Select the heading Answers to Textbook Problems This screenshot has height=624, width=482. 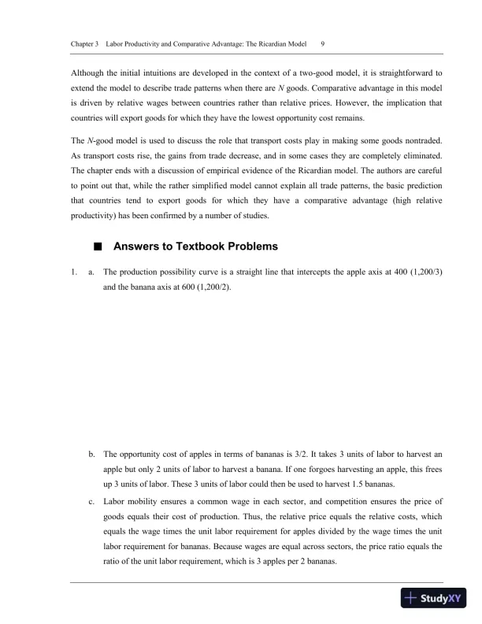click(x=195, y=246)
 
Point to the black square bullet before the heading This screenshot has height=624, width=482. click(x=98, y=246)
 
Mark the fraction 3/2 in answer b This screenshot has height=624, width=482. click(x=295, y=454)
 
